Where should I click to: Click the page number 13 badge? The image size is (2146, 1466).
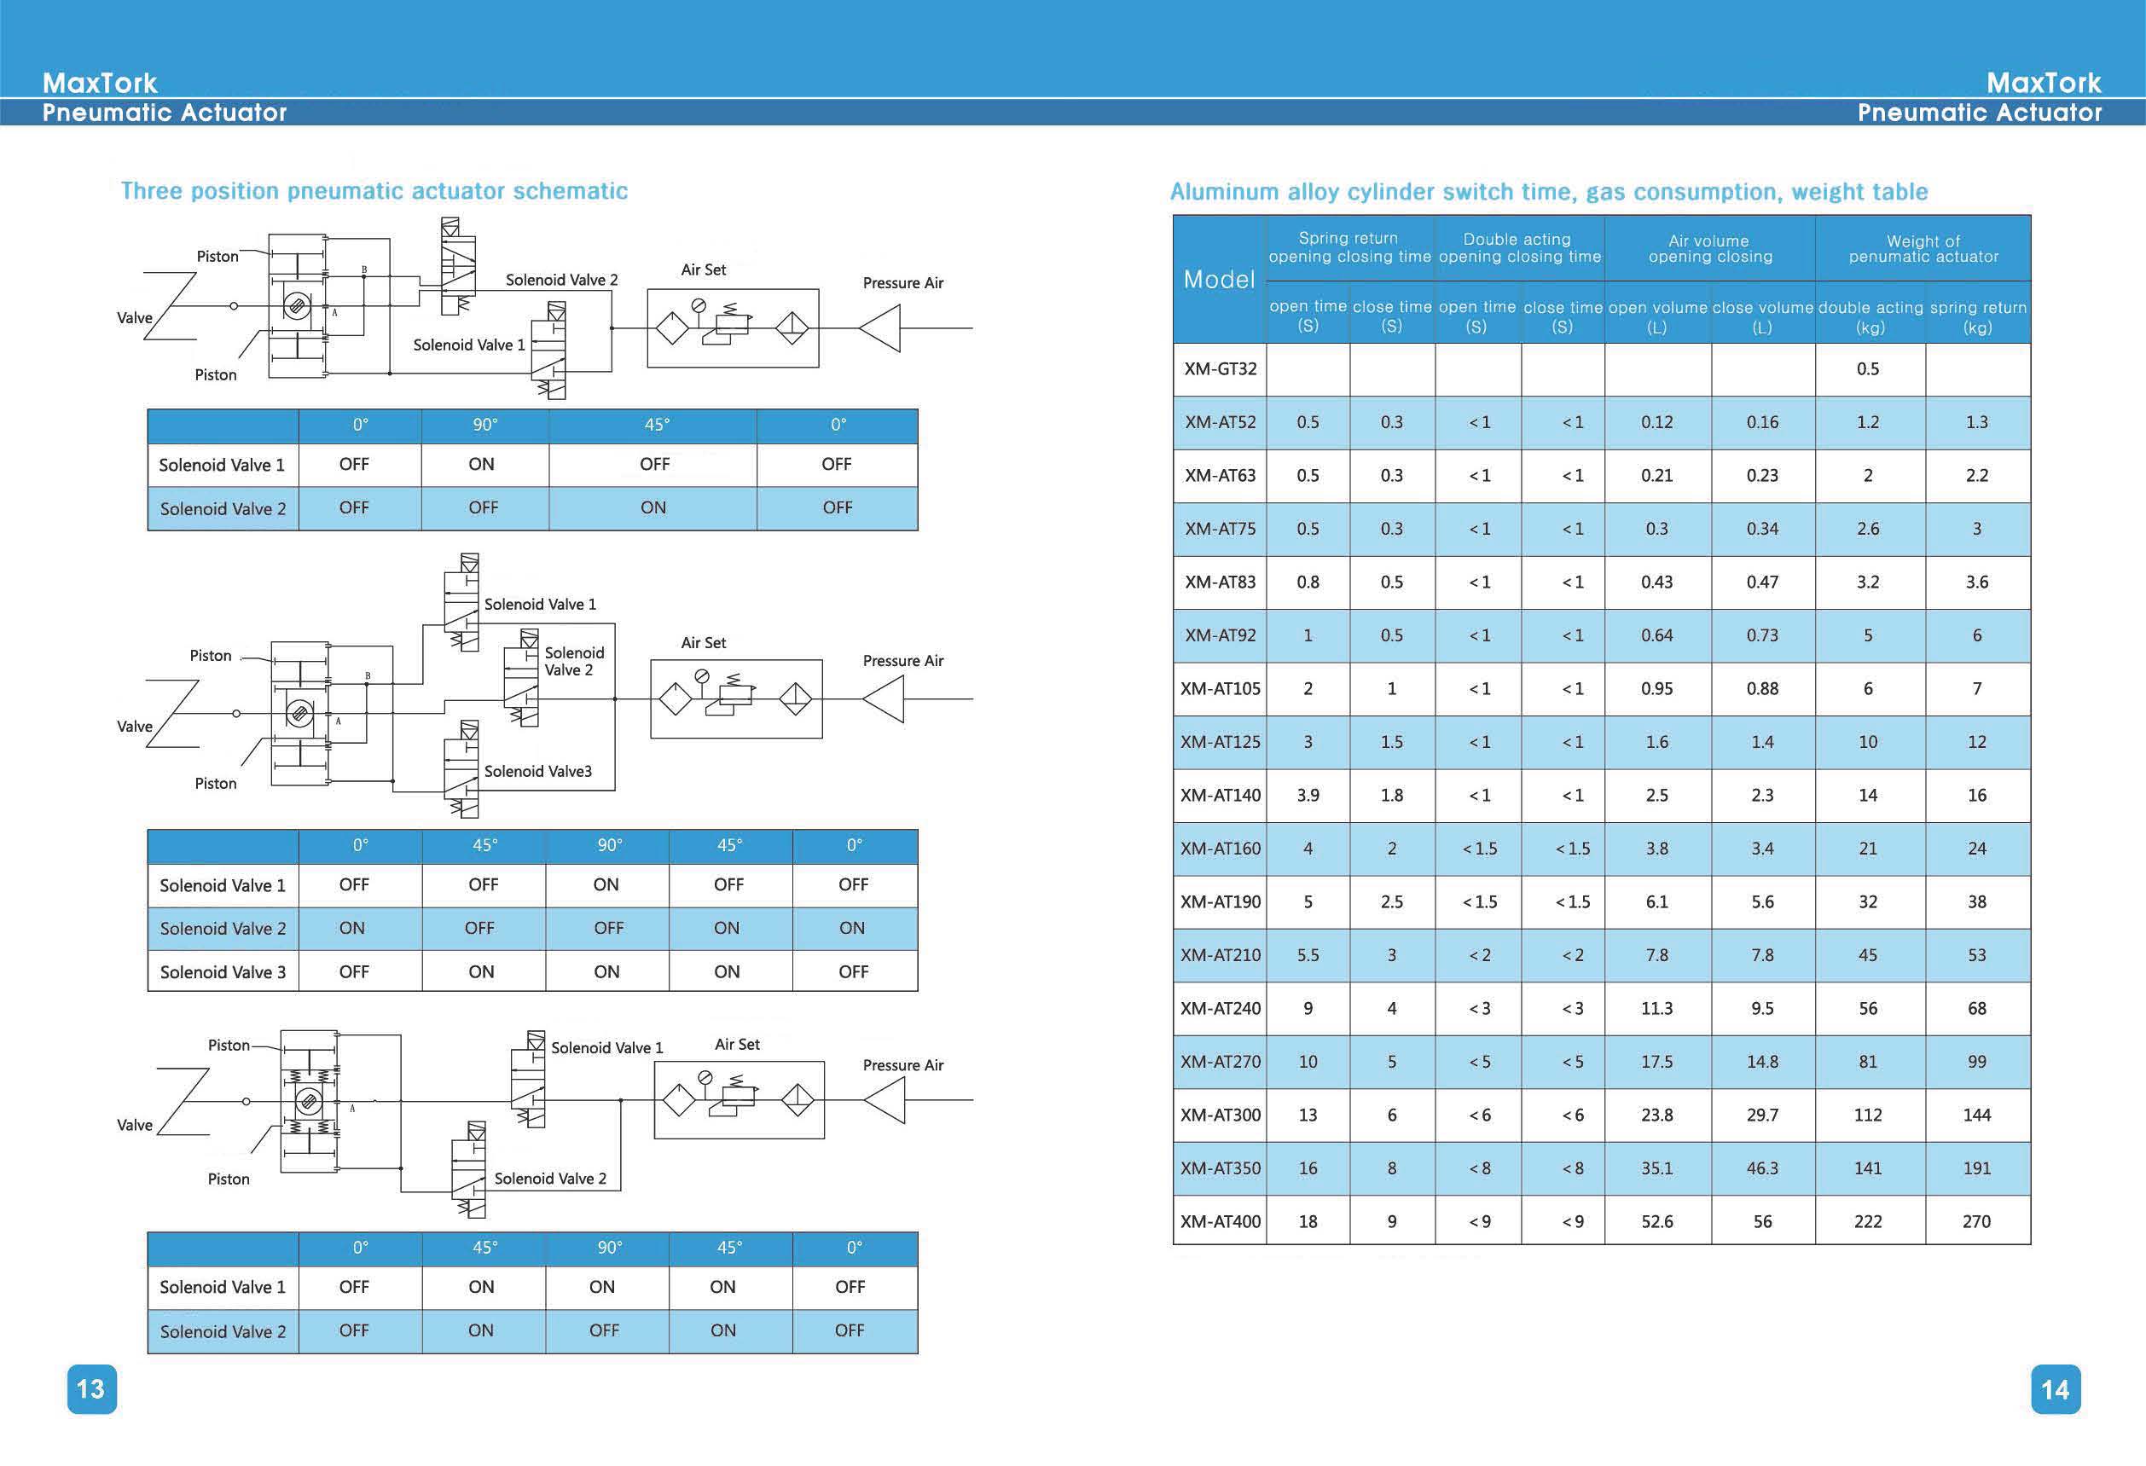pos(91,1388)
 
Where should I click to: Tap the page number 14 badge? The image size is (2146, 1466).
pos(2056,1389)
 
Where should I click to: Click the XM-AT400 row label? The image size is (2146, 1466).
pos(1220,1221)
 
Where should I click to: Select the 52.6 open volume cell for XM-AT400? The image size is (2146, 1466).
pos(1657,1221)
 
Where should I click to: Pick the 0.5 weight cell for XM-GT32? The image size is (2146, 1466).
pos(1868,369)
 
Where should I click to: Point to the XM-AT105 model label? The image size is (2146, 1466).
pos(1220,689)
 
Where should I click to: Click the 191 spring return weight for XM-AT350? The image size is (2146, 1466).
pos(1977,1168)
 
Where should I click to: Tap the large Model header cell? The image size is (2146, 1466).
pos(1219,280)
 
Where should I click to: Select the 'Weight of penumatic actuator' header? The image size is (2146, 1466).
pos(1923,249)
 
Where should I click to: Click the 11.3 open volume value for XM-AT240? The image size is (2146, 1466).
pos(1657,1008)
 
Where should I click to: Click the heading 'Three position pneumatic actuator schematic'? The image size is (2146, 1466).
pos(374,191)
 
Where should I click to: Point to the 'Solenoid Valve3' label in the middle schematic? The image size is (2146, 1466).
pos(538,771)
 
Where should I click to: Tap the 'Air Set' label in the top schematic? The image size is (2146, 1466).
pos(704,269)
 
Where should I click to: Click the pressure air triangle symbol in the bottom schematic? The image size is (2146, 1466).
pos(885,1100)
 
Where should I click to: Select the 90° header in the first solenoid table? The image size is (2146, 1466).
pos(484,425)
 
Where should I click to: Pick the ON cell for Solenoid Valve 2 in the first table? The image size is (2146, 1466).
pos(652,507)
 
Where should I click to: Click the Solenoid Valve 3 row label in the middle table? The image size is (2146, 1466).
pos(223,972)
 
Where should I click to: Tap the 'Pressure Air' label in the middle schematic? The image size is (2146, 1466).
pos(903,661)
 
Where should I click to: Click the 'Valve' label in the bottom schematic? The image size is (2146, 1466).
pos(135,1126)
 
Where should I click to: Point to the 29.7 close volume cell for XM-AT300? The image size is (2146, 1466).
pos(1763,1115)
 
